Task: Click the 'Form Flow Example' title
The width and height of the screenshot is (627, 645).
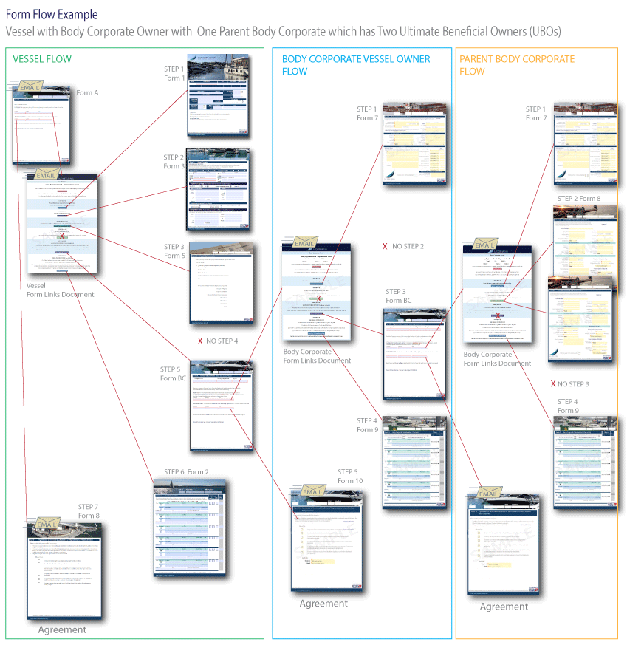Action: (51, 14)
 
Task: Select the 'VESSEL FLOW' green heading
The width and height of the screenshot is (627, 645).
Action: (42, 59)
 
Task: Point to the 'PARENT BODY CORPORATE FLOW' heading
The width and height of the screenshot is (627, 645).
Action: (516, 65)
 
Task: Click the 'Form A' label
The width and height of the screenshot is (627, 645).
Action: (87, 93)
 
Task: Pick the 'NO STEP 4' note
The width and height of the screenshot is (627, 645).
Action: (218, 341)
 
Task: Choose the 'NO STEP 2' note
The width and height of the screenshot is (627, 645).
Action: (403, 246)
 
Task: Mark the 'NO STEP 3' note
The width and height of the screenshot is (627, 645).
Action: (570, 384)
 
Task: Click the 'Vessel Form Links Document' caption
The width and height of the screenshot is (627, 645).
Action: (61, 290)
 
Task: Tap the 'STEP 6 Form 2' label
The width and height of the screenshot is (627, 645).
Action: (186, 472)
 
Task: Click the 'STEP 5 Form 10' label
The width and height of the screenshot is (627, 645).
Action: (350, 477)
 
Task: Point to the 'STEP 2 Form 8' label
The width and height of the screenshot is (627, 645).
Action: (578, 199)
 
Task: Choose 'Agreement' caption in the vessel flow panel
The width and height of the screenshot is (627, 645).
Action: (62, 630)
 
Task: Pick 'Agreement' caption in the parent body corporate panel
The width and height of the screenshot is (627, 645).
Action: (504, 607)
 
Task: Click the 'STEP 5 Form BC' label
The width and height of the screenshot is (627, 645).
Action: (173, 374)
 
